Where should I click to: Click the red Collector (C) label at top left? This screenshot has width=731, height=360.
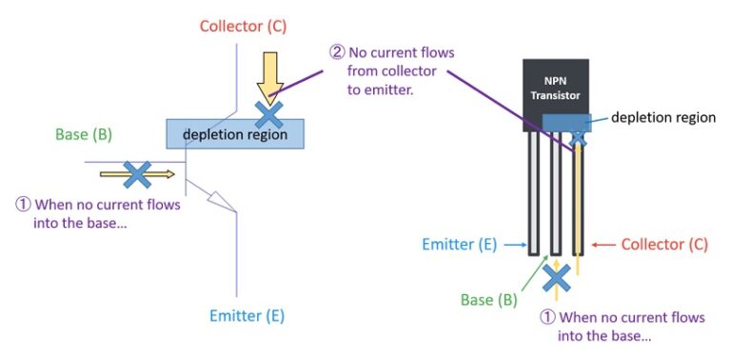pos(244,25)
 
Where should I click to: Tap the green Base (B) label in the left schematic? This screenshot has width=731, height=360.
pos(85,134)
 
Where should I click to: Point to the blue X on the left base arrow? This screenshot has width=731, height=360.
pos(138,173)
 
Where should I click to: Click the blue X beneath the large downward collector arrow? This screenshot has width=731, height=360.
pos(269,114)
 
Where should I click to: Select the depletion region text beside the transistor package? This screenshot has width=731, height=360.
pos(662,117)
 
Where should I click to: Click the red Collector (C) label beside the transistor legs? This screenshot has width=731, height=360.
pos(664,245)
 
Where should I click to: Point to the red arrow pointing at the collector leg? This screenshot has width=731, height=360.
pos(602,245)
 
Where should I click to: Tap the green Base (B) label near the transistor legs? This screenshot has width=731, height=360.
pos(489,300)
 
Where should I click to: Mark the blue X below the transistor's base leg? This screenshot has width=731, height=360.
pos(556,277)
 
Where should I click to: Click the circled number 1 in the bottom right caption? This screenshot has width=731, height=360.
pos(547,317)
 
